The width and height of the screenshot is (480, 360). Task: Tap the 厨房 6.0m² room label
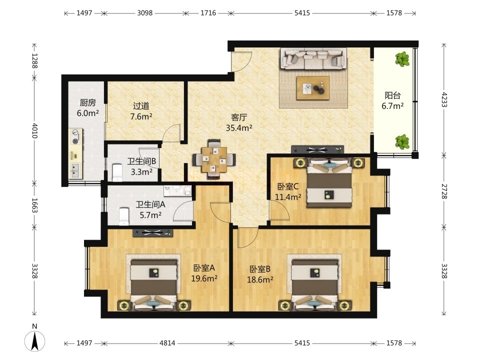(x=88, y=108)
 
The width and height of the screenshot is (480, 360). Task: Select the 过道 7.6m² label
(x=141, y=111)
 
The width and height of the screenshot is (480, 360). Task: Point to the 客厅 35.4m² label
(x=239, y=122)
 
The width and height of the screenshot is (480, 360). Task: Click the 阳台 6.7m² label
(x=392, y=100)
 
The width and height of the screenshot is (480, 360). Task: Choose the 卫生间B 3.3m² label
(x=141, y=166)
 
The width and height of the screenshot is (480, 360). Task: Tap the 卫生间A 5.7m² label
(x=150, y=209)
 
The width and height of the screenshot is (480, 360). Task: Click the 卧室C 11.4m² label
(x=288, y=191)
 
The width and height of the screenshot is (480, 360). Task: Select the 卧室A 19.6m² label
(x=204, y=273)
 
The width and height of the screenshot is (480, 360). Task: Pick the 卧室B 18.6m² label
(x=260, y=274)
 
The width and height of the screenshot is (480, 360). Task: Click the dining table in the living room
(x=214, y=159)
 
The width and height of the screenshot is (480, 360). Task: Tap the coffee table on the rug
(x=313, y=88)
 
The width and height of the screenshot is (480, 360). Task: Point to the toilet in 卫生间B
(x=117, y=172)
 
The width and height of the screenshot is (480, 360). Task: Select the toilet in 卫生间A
(x=124, y=216)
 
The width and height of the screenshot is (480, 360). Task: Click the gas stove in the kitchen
(x=76, y=136)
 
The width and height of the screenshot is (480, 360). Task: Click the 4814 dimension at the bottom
(x=167, y=343)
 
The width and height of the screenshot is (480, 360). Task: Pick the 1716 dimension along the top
(x=208, y=13)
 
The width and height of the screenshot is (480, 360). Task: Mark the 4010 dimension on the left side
(x=34, y=130)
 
